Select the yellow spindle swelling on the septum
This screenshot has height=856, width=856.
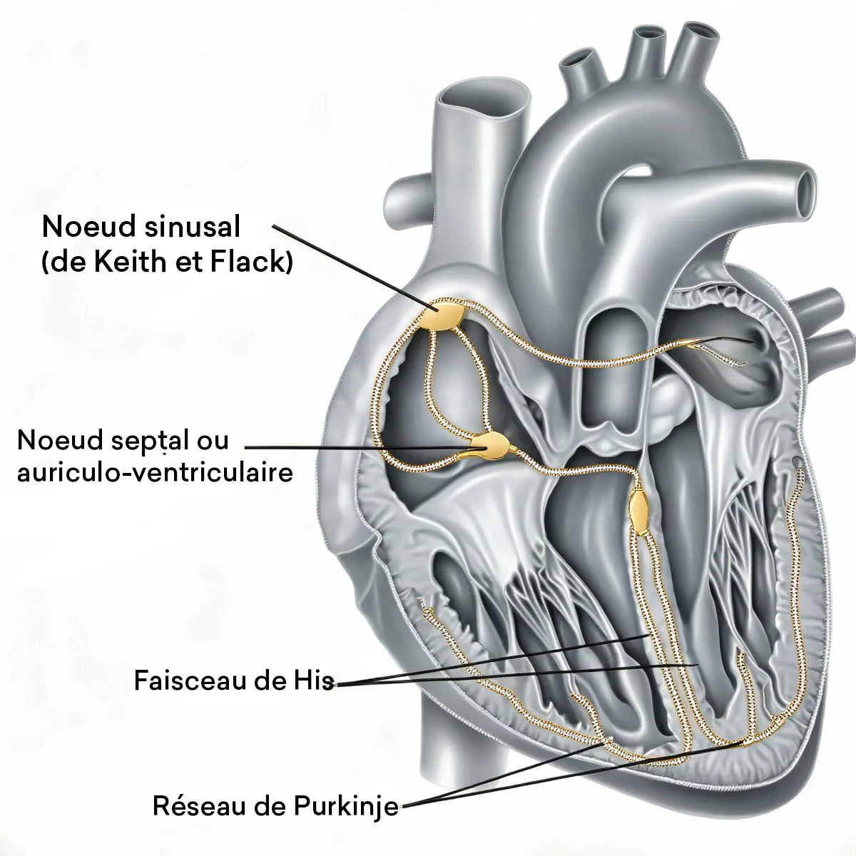tap(638, 508)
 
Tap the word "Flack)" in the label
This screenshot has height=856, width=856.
tap(253, 263)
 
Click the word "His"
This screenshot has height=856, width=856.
tap(313, 681)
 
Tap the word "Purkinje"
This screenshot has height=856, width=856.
tap(345, 808)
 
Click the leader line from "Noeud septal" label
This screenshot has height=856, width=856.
tap(357, 448)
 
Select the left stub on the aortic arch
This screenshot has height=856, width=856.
tap(576, 61)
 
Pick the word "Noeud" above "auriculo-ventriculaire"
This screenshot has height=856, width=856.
tap(51, 440)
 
